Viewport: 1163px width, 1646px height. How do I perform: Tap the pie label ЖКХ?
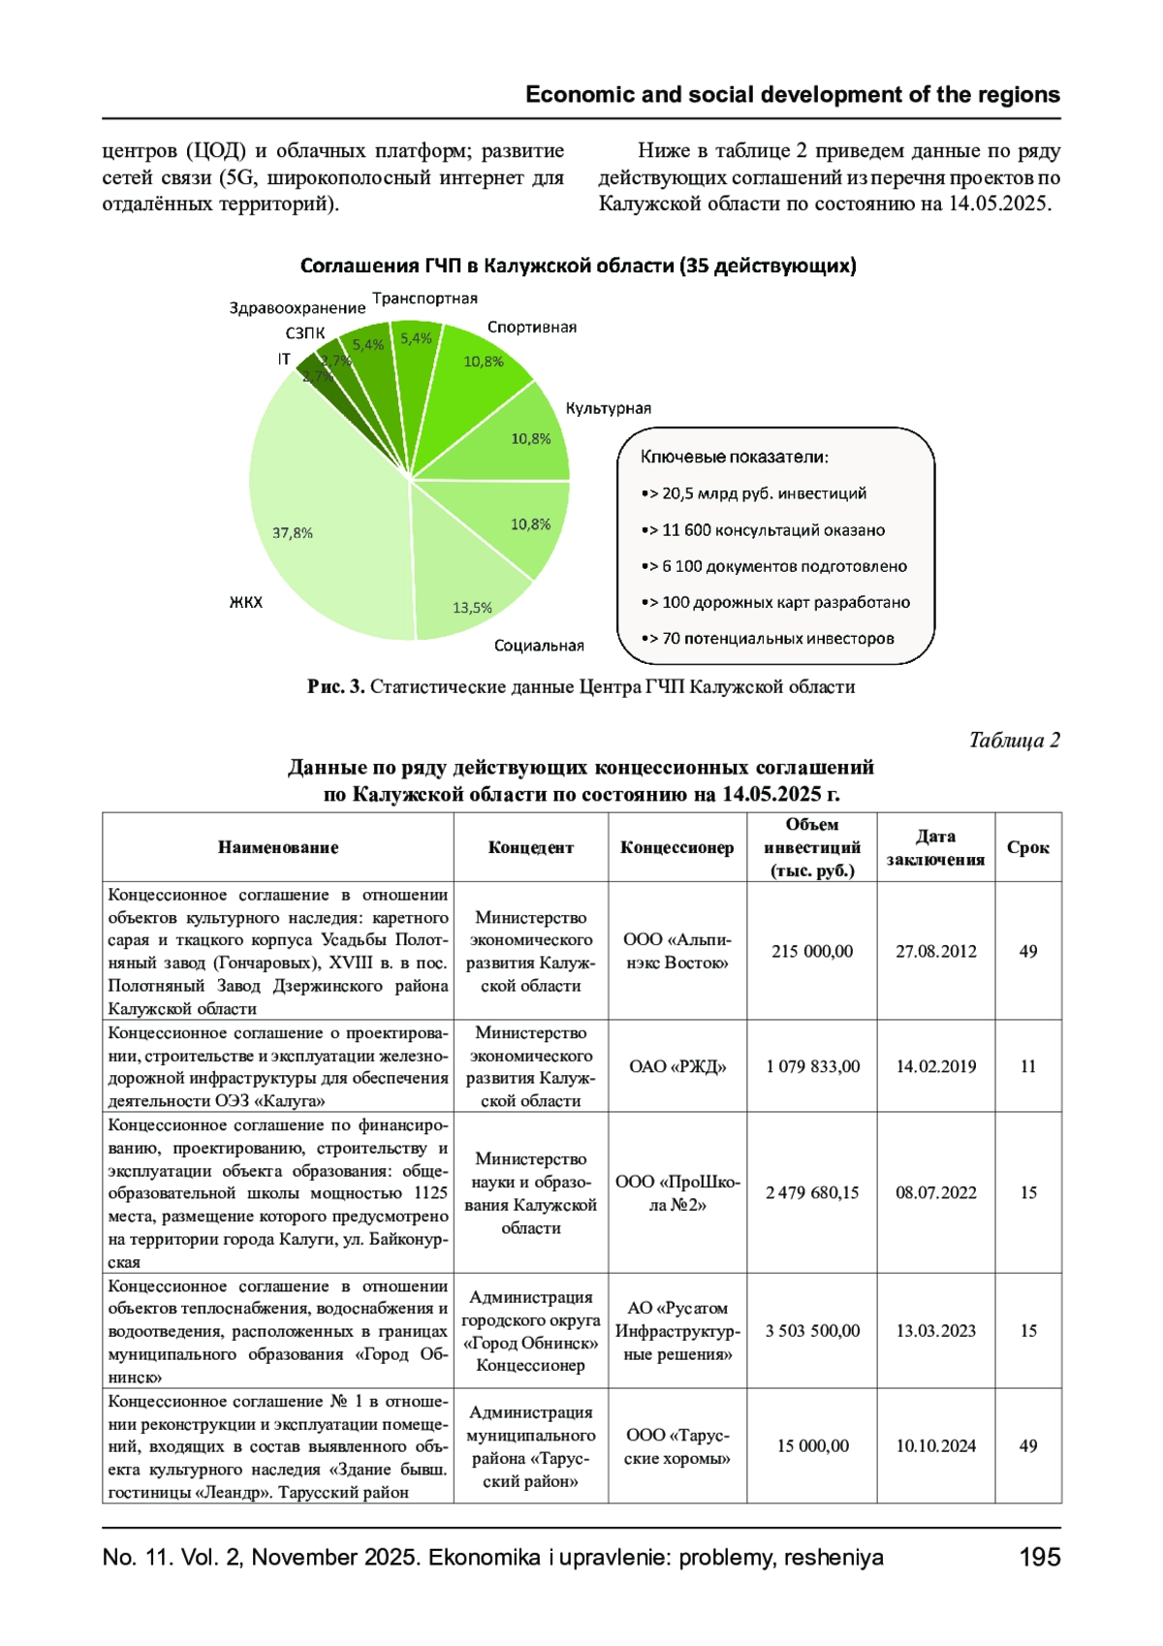click(x=245, y=602)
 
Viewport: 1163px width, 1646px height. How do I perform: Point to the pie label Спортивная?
click(x=531, y=328)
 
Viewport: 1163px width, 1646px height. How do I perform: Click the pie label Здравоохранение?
click(x=297, y=308)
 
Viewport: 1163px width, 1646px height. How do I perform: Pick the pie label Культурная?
click(x=608, y=408)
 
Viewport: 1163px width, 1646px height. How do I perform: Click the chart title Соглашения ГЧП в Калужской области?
click(x=578, y=266)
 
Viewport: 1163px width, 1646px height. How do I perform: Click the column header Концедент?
click(x=530, y=847)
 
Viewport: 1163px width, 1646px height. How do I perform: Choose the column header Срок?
click(x=1027, y=847)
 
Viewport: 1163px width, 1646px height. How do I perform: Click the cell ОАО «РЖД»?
click(x=677, y=1066)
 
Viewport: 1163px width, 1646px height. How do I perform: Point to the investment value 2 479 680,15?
click(x=812, y=1192)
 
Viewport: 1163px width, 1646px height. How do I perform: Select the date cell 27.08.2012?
click(x=935, y=951)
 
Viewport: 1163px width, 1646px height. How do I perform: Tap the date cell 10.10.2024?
click(x=935, y=1445)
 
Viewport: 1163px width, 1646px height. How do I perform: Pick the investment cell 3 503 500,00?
click(x=812, y=1331)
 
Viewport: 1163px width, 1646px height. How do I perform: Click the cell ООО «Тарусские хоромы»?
click(x=677, y=1445)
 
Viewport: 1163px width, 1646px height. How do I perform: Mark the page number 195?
click(x=1040, y=1557)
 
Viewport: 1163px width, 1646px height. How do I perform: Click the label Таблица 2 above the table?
click(x=1014, y=741)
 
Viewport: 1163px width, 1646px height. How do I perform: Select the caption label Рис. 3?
click(x=335, y=687)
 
